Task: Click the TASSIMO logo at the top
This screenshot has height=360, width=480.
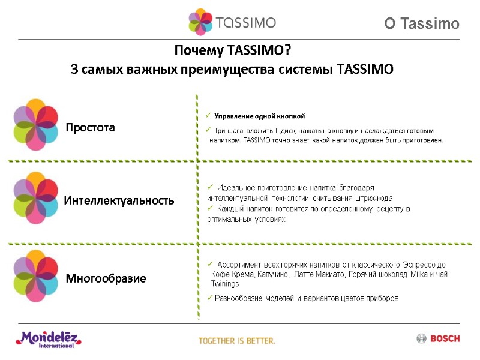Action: tap(232, 22)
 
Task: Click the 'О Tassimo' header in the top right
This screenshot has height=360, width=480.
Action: tap(422, 24)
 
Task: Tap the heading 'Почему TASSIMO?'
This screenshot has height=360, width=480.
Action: tap(233, 49)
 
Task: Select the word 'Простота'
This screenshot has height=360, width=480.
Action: tap(90, 128)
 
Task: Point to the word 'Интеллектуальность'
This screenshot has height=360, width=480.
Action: tap(119, 200)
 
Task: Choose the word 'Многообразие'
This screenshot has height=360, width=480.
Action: tap(106, 278)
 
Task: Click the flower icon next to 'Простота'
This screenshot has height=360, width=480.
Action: tap(36, 124)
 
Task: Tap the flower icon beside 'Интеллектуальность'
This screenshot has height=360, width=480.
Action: tap(36, 198)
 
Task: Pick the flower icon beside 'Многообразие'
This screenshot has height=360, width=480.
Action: tap(36, 275)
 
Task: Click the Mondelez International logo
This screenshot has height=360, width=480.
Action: tap(48, 340)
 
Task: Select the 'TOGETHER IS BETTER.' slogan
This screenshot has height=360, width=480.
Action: tap(237, 341)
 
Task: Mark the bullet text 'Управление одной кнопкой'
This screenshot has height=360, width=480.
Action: tap(260, 116)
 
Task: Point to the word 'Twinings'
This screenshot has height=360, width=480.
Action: tap(225, 284)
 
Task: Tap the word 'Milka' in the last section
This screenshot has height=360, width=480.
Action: tap(417, 274)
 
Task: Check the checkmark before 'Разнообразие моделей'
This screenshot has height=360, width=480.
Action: tap(209, 298)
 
